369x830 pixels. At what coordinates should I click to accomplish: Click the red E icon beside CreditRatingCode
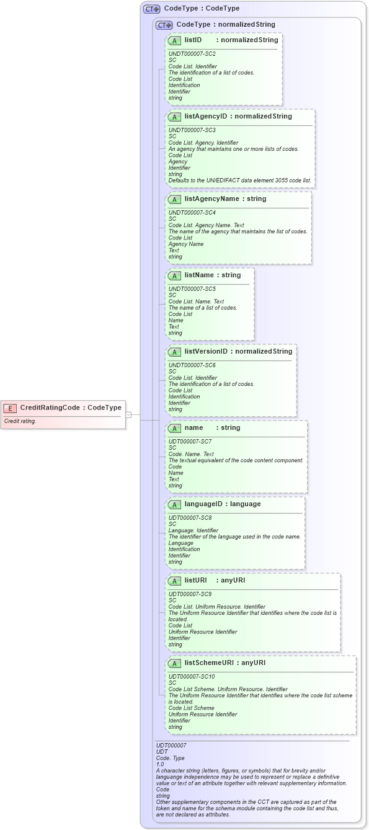(10, 408)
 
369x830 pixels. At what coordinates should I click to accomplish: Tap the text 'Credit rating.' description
(20, 421)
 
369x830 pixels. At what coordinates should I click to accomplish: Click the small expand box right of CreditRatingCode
(128, 414)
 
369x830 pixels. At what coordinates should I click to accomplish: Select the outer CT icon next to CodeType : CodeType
(151, 9)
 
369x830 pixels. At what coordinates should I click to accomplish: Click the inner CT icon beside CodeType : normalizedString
(164, 25)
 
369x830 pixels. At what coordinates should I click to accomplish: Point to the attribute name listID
(193, 40)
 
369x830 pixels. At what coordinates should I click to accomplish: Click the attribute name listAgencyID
(205, 116)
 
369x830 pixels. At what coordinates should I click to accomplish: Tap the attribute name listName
(200, 275)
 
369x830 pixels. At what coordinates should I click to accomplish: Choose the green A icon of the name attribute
(174, 428)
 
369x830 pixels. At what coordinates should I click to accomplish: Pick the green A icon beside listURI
(174, 581)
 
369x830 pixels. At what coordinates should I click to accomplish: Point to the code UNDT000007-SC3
(192, 130)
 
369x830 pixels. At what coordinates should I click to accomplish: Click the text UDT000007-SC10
(192, 677)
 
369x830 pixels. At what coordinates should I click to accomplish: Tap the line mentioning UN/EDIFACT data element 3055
(240, 181)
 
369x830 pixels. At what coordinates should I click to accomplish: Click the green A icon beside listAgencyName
(174, 200)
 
